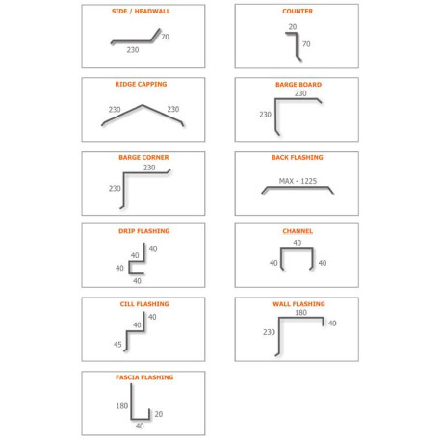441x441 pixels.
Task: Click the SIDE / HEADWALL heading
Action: pos(141,12)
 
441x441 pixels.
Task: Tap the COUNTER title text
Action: pos(298,12)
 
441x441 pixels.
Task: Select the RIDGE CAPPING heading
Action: pos(141,84)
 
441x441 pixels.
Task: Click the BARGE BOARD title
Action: pos(298,85)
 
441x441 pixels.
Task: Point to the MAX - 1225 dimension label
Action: pos(298,181)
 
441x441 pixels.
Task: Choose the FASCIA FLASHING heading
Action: pos(144,377)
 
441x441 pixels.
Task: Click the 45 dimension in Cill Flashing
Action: pos(117,345)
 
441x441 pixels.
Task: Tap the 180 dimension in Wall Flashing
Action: pos(301,313)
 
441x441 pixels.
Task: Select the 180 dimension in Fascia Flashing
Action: pos(122,406)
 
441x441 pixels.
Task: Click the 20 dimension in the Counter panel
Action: pos(293,27)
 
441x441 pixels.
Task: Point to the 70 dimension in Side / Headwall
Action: pos(165,37)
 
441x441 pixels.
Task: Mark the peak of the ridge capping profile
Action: pos(143,105)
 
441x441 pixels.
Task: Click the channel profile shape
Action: pos(297,248)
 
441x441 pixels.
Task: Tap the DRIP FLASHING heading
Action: pos(144,231)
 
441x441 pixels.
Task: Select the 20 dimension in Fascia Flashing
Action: pos(159,414)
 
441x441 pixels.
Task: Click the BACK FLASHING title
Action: pos(298,157)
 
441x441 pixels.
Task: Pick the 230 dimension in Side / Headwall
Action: pos(133,50)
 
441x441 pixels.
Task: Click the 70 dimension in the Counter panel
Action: pos(306,44)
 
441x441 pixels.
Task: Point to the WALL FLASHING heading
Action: pos(298,304)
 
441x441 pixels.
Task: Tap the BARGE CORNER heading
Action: pos(143,157)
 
